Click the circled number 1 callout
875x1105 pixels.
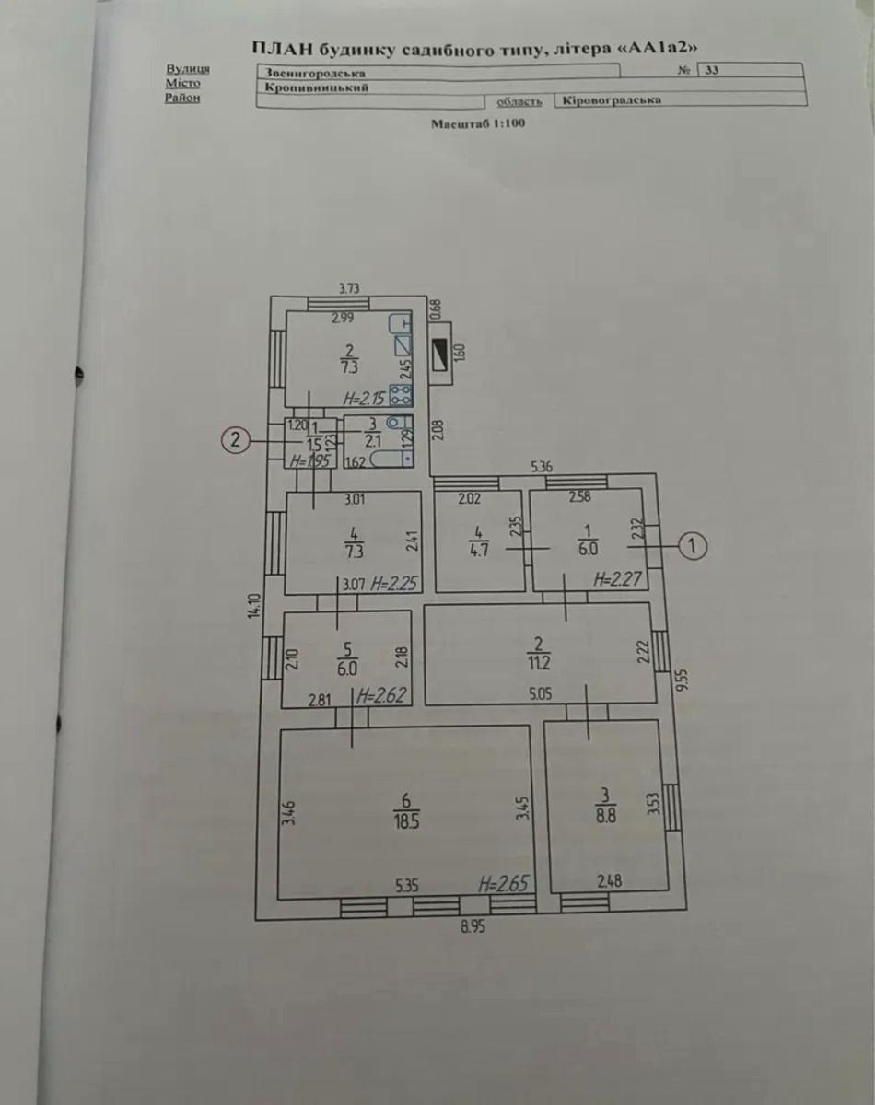click(x=693, y=547)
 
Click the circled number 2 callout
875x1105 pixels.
click(x=236, y=441)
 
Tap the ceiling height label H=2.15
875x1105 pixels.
click(x=363, y=399)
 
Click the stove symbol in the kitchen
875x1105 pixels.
click(x=402, y=396)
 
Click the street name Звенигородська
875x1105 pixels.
click(x=314, y=72)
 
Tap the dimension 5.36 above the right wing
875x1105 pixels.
click(x=542, y=468)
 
